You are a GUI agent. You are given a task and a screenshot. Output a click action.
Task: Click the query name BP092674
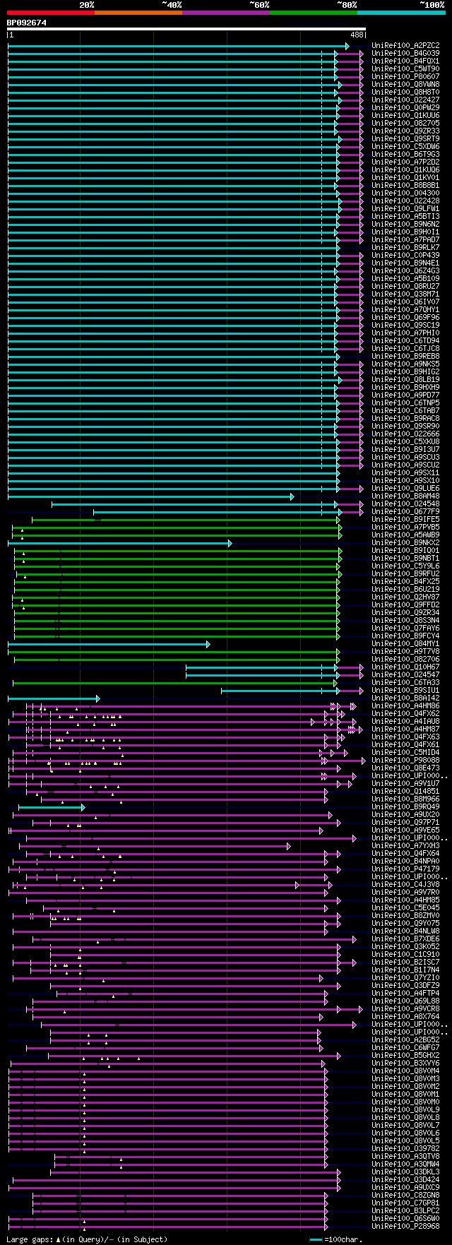27,23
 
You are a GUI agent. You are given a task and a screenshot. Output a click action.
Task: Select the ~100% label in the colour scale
432,5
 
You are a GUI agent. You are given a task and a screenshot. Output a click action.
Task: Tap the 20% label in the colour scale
87,5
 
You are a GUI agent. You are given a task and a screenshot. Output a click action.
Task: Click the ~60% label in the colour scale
259,5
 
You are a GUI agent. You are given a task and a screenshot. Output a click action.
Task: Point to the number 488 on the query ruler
357,35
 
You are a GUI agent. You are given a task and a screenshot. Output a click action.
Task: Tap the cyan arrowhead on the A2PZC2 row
347,46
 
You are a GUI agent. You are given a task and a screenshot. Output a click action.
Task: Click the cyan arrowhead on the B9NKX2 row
230,543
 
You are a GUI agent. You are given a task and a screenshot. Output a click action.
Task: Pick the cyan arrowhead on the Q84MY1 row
208,644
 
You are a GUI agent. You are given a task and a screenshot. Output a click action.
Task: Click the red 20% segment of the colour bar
50,12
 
